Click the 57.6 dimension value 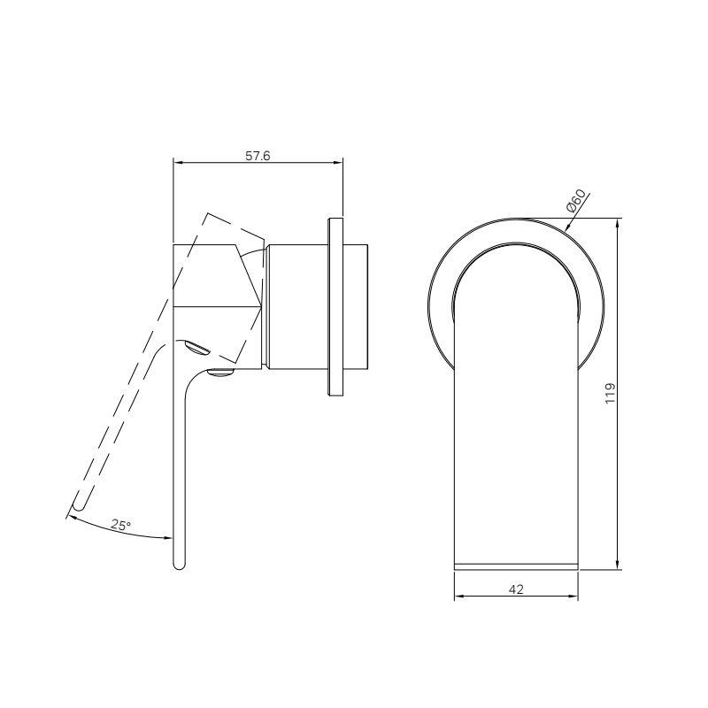pyautogui.click(x=257, y=156)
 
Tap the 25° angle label pyautogui.click(x=121, y=525)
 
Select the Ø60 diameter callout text pyautogui.click(x=576, y=202)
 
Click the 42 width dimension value pyautogui.click(x=517, y=588)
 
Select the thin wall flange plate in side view pyautogui.click(x=335, y=306)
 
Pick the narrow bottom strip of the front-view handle pyautogui.click(x=516, y=564)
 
